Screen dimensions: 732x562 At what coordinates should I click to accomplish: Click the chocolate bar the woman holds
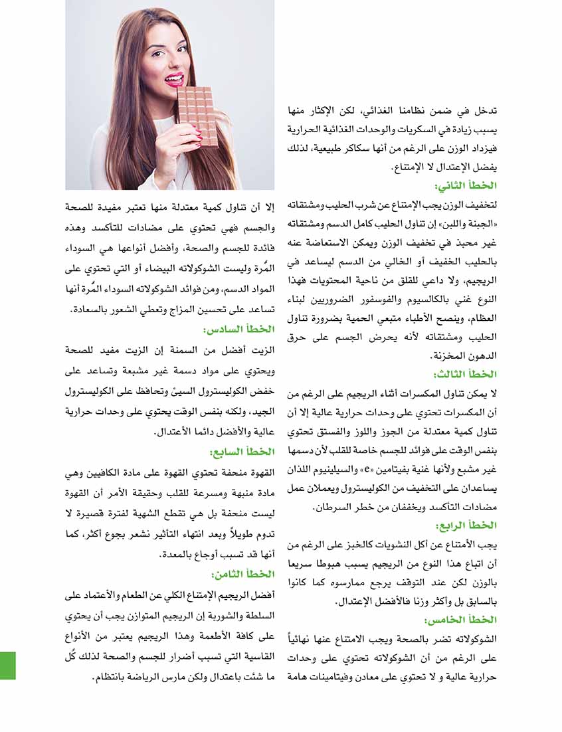(x=197, y=116)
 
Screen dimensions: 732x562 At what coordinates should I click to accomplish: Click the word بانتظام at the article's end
(x=111, y=678)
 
